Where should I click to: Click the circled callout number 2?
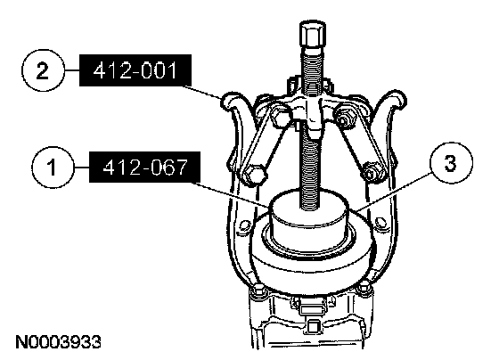tap(43, 70)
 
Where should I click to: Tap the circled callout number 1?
tap(53, 168)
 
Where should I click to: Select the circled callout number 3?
tap(451, 163)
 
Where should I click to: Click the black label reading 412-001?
tap(135, 70)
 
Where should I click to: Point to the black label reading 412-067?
tap(144, 168)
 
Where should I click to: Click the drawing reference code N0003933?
tap(58, 342)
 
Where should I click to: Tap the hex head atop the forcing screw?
tap(312, 34)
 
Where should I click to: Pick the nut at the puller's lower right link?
tap(371, 172)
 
